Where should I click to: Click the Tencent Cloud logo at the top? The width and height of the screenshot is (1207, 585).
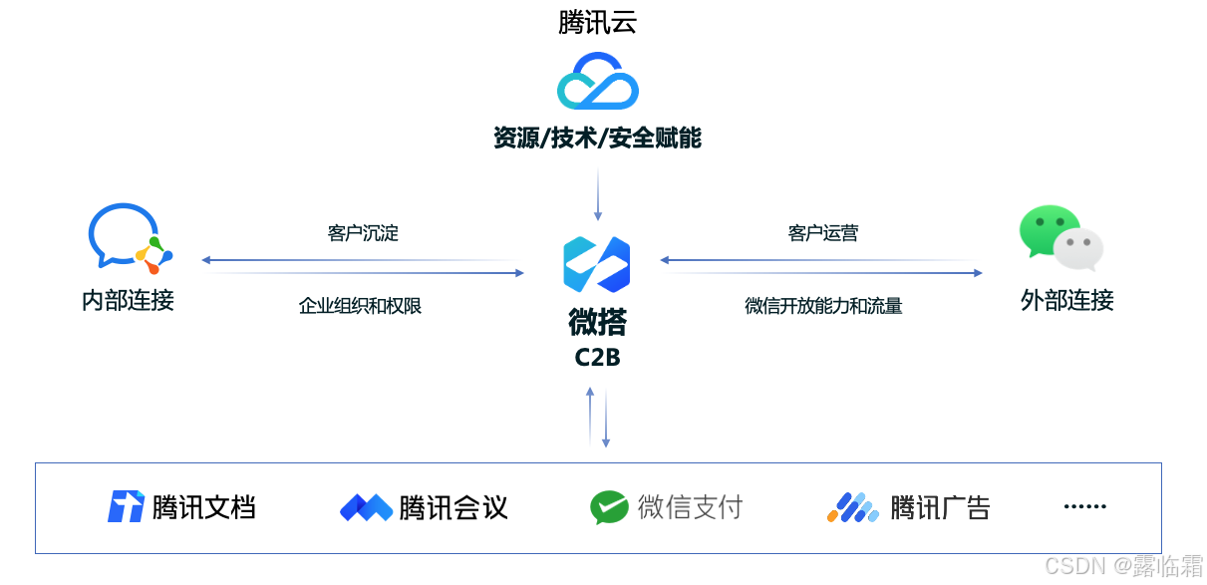coord(597,81)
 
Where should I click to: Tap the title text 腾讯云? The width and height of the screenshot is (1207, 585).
coord(597,22)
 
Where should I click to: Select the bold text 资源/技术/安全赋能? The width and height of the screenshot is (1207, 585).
coord(597,139)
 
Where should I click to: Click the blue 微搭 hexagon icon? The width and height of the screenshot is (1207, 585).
coord(596,264)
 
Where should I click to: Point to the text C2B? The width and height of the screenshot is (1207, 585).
coord(597,357)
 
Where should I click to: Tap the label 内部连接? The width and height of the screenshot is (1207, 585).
coord(128,300)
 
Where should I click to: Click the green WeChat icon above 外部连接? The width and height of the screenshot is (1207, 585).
coord(1060,238)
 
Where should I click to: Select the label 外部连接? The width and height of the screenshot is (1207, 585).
coord(1067,300)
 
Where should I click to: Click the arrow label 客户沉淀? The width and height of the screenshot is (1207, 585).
coord(363,233)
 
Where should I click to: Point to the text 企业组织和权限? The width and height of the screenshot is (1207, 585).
coord(361,306)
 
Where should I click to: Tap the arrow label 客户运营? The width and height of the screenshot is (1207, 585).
coord(822,233)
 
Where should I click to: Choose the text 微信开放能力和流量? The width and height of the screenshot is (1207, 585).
coord(823,306)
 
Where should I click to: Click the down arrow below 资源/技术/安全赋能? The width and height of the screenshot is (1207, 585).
coord(598,194)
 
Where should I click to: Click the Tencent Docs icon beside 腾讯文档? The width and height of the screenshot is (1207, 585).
coord(126,507)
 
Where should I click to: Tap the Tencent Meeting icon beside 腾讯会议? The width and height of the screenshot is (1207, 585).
coord(366,508)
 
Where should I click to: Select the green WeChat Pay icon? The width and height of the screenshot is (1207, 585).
coord(609,507)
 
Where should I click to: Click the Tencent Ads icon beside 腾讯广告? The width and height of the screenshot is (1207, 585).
coord(852,508)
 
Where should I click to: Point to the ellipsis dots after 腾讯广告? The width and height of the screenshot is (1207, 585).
coord(1084,506)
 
